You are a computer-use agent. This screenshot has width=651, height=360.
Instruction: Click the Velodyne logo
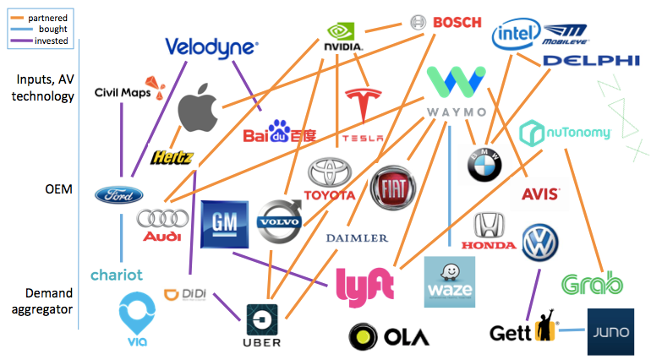click(x=211, y=46)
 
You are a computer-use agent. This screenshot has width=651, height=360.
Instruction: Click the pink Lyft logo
click(x=365, y=285)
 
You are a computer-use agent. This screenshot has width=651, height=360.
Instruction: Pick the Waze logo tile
click(x=449, y=281)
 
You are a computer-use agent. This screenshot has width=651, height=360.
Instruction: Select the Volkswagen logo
click(x=539, y=243)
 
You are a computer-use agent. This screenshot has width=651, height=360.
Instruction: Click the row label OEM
click(x=60, y=190)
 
